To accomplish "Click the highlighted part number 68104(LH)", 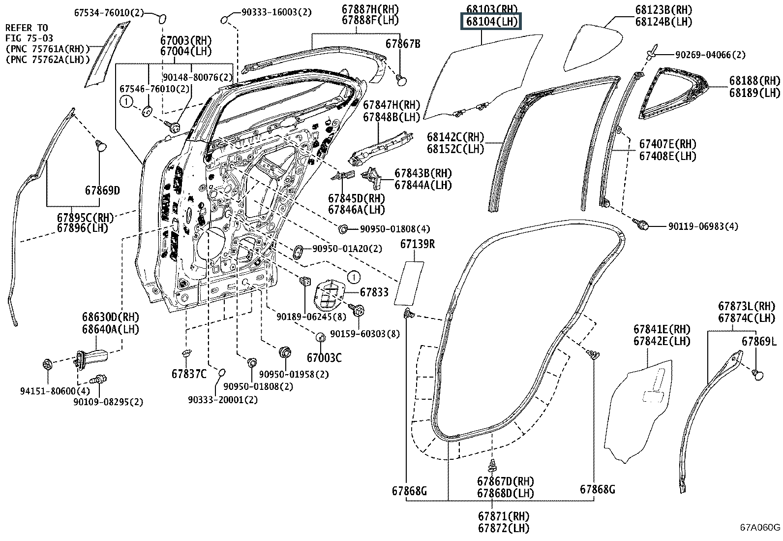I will pos(490,22).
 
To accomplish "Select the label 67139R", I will pos(417,244).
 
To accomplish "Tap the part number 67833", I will pos(374,292).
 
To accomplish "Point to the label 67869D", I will pos(102,191).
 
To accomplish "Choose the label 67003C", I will pos(324,358).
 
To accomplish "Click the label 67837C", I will pos(189,374).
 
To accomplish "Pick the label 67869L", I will pos(759,341).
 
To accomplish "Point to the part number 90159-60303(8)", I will pos(364,334).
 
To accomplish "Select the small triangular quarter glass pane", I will pos(590,47).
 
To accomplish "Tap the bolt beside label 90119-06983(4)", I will pos(642,225).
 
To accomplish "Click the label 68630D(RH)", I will pos(110,317).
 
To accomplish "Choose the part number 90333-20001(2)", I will pos(222,400).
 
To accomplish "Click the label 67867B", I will pos(403,44).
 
